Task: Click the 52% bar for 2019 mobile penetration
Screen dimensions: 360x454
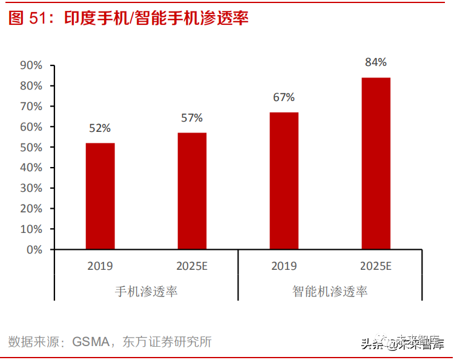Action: [100, 196]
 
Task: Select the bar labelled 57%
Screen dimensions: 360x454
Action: [192, 191]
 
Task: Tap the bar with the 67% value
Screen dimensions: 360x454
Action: [284, 180]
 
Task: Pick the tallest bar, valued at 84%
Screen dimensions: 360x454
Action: [376, 163]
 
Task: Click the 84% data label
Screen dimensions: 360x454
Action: [375, 62]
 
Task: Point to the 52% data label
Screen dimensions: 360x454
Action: [100, 128]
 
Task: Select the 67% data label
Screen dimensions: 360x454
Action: [283, 97]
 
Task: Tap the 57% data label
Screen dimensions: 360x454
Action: [192, 117]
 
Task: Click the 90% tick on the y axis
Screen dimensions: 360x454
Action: [31, 65]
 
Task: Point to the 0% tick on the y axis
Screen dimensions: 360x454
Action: [34, 249]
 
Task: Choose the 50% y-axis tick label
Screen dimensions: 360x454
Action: [31, 147]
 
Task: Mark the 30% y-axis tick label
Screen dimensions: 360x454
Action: [31, 188]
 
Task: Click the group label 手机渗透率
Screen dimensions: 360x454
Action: [146, 291]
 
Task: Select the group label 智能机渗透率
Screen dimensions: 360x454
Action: [330, 291]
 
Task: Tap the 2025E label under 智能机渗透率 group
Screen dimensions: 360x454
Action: [376, 266]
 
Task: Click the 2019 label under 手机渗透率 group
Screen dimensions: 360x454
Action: [100, 266]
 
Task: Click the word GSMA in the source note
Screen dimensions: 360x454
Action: [90, 342]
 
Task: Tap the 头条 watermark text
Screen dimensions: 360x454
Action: [372, 344]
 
